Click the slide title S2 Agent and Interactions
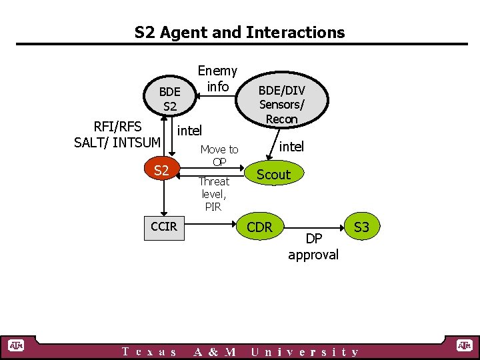tap(240, 32)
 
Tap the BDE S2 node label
tap(169, 99)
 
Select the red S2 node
tap(161, 171)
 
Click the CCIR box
tap(164, 227)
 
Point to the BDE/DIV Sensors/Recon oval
tap(281, 103)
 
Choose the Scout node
tap(273, 175)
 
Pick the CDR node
tap(259, 227)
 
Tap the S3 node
tap(361, 227)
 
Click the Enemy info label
tap(217, 79)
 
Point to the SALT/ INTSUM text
tap(117, 142)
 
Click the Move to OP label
tap(219, 155)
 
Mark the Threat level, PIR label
tap(213, 194)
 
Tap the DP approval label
tap(313, 247)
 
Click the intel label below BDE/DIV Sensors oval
tap(291, 147)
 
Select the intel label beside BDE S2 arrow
tap(189, 129)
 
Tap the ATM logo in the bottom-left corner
tap(15, 345)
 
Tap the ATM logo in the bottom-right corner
tap(463, 345)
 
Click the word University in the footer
tap(305, 352)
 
